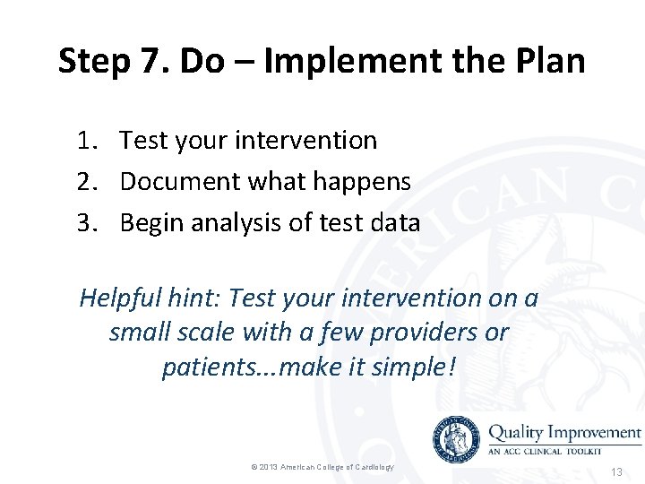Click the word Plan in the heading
pos(547,62)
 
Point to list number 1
pos(86,141)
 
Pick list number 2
pos(86,182)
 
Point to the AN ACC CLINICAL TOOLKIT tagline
pos(551,452)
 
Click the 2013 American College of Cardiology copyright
pos(322,468)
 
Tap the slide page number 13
pos(615,471)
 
